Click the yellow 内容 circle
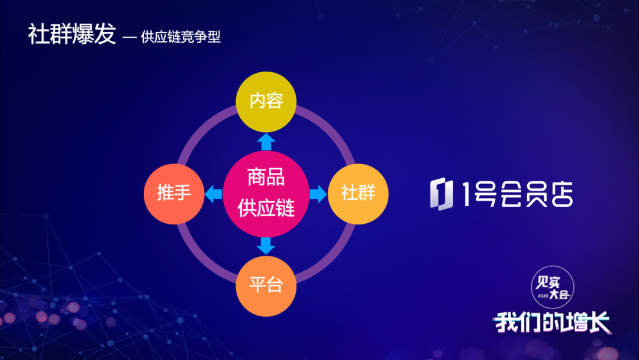[x=266, y=102]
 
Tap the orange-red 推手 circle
[x=174, y=194]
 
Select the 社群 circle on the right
[x=358, y=194]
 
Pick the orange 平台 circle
[x=266, y=286]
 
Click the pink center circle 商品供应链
[x=266, y=194]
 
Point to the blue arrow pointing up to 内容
[x=266, y=142]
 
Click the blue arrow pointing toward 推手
[x=214, y=194]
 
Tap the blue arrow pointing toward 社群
[x=318, y=194]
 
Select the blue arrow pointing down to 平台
[x=266, y=246]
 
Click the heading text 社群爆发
[x=72, y=34]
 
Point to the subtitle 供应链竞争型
[x=180, y=37]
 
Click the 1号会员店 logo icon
[x=441, y=194]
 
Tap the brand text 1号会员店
[x=518, y=194]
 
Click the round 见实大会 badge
[x=553, y=287]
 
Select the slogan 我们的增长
[x=553, y=323]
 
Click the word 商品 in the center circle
[x=266, y=178]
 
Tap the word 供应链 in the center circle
[x=266, y=208]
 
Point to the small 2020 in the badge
[x=543, y=295]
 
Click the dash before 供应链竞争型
[x=129, y=37]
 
